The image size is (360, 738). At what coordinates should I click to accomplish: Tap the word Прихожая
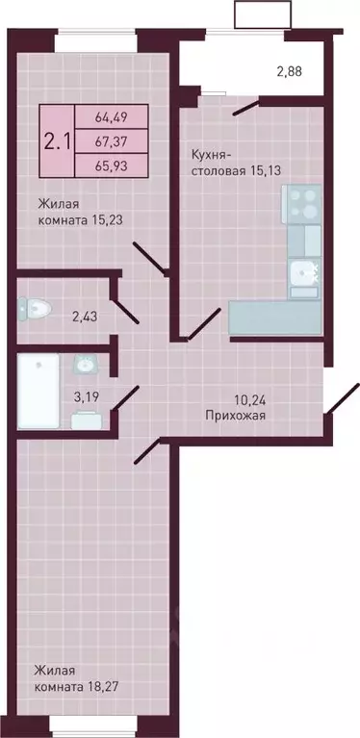pyautogui.click(x=235, y=417)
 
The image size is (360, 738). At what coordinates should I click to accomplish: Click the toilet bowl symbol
pyautogui.click(x=35, y=308)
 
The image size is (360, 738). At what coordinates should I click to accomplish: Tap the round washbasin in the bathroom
pyautogui.click(x=85, y=364)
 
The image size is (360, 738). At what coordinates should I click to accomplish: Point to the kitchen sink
pyautogui.click(x=305, y=272)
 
